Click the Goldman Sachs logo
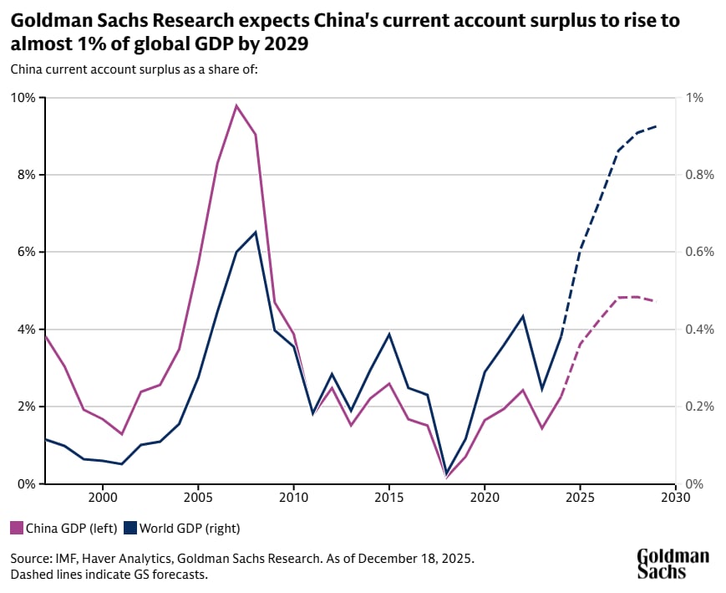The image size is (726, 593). click(x=673, y=564)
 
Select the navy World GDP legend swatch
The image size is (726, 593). click(x=130, y=528)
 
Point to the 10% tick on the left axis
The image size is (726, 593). click(x=23, y=98)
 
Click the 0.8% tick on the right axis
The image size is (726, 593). click(x=700, y=175)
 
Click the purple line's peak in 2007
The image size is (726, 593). click(x=236, y=105)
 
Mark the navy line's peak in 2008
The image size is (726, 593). click(x=256, y=232)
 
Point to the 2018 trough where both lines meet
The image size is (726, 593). click(x=446, y=475)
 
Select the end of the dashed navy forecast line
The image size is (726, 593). click(x=657, y=126)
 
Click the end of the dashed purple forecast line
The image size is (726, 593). click(x=657, y=301)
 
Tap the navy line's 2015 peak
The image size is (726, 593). click(x=389, y=334)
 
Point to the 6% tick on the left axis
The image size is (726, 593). click(x=25, y=252)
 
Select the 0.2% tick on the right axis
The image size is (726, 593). click(x=700, y=406)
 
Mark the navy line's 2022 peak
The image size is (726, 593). click(x=523, y=316)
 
